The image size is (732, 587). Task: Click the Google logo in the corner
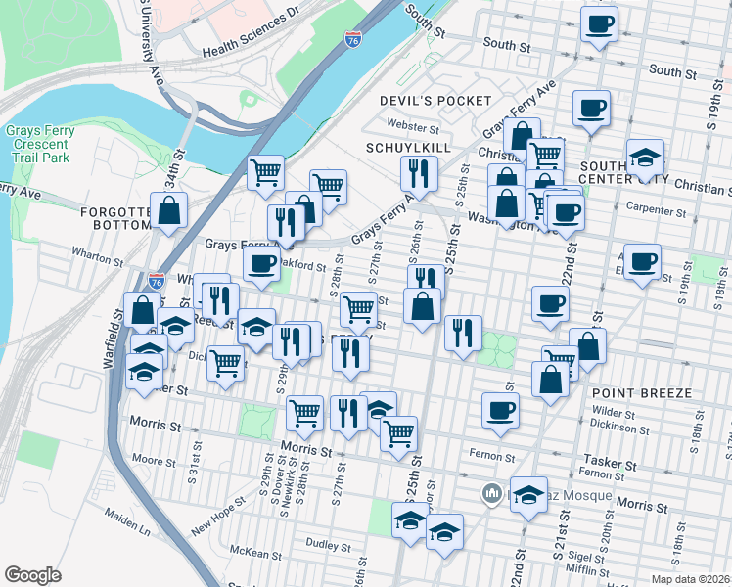[x=32, y=575]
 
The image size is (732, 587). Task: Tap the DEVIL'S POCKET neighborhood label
[x=435, y=101]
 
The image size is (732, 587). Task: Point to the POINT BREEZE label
[x=642, y=392]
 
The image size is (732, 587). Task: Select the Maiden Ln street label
[x=130, y=530]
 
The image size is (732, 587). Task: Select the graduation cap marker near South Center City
[x=645, y=157]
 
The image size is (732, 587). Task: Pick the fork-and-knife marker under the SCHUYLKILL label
[x=418, y=174]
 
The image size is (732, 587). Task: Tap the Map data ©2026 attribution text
[x=689, y=579]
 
